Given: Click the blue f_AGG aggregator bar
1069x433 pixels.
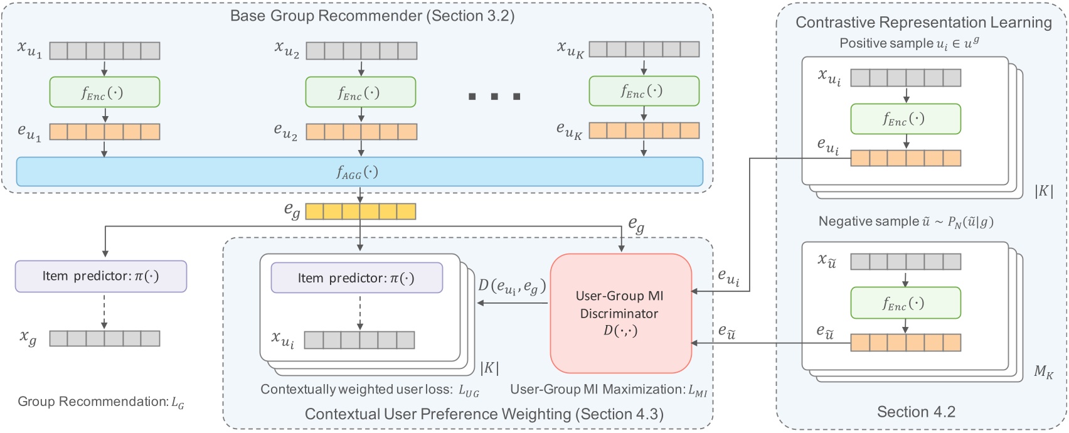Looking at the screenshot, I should tap(359, 171).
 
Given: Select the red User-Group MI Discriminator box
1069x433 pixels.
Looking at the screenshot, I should tap(620, 313).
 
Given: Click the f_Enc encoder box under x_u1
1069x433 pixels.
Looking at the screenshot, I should tap(105, 92).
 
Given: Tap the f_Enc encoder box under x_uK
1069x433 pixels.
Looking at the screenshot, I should tap(644, 92).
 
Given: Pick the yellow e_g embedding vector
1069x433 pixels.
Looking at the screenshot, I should tap(360, 211).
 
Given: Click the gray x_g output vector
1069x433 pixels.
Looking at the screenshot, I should tap(105, 338).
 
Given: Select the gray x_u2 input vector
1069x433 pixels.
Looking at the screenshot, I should tap(361, 50).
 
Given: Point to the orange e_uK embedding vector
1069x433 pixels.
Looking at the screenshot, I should tap(644, 131).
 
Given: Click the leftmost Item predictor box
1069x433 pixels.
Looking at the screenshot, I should tap(101, 276).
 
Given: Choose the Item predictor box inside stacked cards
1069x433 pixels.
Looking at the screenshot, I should tap(356, 277).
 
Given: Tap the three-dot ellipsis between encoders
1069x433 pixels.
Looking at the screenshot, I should tap(494, 97).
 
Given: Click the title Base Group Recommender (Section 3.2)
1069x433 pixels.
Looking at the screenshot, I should tap(372, 16).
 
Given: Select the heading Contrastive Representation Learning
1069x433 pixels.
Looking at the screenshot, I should tap(923, 23).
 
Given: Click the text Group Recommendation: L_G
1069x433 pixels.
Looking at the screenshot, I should tap(100, 402).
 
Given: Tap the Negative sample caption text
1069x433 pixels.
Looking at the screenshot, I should tap(906, 222).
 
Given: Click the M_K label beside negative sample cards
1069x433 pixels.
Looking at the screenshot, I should tap(1043, 372).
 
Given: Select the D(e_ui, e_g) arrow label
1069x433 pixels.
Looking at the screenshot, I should tap(512, 286).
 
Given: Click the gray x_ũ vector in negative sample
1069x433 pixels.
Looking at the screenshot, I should tap(905, 261).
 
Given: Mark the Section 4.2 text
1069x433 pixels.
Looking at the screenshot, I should tap(915, 412).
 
